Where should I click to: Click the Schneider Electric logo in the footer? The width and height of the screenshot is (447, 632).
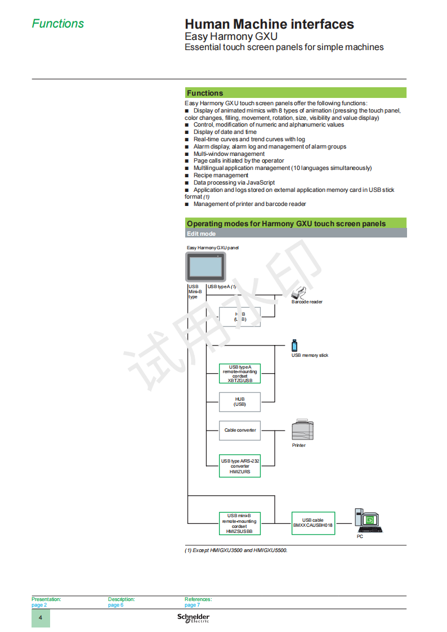(x=194, y=618)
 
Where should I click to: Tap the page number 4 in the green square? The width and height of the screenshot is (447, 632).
(x=41, y=617)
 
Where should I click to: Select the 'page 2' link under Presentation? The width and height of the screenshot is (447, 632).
(x=39, y=605)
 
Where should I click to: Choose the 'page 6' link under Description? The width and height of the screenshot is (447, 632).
(x=115, y=605)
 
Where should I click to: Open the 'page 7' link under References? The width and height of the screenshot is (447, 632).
(x=193, y=605)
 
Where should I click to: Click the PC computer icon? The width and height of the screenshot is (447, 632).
(x=368, y=521)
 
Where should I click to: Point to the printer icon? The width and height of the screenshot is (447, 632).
(x=302, y=429)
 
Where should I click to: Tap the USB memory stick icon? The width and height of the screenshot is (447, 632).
(x=294, y=346)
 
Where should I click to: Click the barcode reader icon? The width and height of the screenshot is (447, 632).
(x=299, y=293)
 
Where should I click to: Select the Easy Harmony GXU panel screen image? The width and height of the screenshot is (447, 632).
(x=205, y=267)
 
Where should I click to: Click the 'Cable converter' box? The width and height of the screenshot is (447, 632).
(x=240, y=431)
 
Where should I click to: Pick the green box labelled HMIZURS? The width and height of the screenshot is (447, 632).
(x=240, y=466)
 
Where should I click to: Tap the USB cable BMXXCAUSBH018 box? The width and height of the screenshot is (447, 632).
(x=313, y=523)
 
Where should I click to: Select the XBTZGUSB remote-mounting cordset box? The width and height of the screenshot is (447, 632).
(x=240, y=374)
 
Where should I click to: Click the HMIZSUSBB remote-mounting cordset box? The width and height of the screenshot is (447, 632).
(x=240, y=523)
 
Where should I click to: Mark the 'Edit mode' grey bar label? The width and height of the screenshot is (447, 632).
(x=201, y=234)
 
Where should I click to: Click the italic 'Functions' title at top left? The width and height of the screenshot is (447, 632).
(x=58, y=24)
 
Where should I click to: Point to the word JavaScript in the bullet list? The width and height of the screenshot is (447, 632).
(x=261, y=182)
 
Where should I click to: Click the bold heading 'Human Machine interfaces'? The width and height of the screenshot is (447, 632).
(x=269, y=24)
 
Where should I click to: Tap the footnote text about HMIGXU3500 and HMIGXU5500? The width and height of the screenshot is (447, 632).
(x=236, y=550)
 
